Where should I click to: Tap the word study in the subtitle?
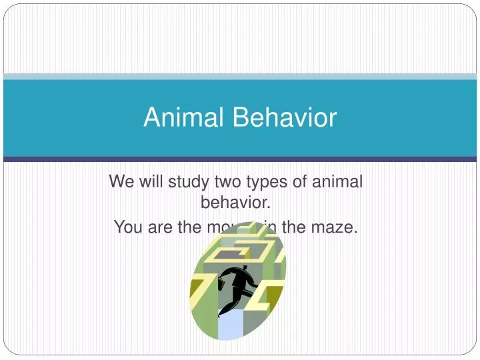[x=187, y=181]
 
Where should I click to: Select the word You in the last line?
[x=128, y=227]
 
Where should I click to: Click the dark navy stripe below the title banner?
[x=240, y=159]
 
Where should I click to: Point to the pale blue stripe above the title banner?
[x=240, y=77]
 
